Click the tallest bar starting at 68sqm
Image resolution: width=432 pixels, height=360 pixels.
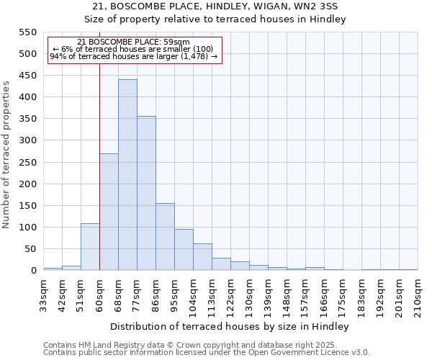click(x=127, y=175)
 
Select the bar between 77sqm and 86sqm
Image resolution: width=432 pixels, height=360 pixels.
click(x=146, y=193)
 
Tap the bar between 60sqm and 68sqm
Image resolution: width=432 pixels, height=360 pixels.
click(x=109, y=212)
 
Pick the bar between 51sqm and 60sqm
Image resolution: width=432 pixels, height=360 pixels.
click(x=90, y=247)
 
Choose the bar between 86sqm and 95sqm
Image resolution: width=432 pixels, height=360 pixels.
click(x=165, y=237)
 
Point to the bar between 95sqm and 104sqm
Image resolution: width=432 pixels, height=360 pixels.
click(x=184, y=250)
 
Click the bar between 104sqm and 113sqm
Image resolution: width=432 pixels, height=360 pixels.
click(x=202, y=257)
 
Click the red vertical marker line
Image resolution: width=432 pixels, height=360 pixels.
click(x=99, y=166)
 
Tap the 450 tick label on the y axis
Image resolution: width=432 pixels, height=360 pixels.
click(x=27, y=76)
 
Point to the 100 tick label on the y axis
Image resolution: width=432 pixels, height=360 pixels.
click(x=27, y=228)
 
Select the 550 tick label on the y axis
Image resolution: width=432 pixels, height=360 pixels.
click(x=27, y=32)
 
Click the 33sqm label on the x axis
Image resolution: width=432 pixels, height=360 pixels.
click(x=43, y=294)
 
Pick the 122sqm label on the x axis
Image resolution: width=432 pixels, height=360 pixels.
click(x=230, y=294)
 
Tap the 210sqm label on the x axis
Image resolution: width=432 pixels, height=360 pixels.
click(x=418, y=294)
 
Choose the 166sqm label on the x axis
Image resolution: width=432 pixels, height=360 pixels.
click(x=324, y=294)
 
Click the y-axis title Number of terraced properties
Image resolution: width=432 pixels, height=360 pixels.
click(x=6, y=155)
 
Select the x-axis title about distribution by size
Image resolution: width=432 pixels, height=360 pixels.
click(x=230, y=327)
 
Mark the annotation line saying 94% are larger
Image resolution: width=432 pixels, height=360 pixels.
click(x=134, y=56)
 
